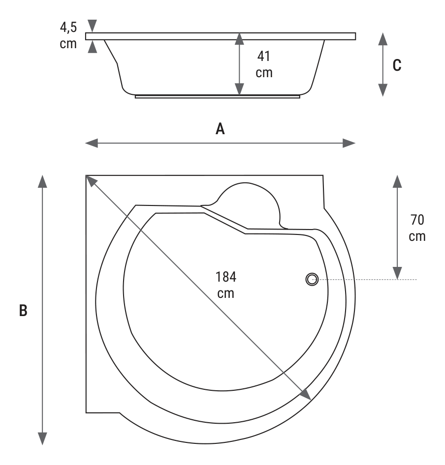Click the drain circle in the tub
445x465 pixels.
point(312,279)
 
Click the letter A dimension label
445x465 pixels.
point(220,129)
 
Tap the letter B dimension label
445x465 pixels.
point(23,311)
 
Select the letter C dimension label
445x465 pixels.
point(397,65)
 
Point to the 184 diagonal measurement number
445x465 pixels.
point(226,277)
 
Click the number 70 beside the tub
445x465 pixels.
point(417,220)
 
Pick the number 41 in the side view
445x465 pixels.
point(264,56)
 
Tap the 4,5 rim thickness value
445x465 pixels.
point(68,27)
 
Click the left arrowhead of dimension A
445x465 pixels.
point(92,143)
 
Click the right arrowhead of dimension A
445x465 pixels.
point(349,143)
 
